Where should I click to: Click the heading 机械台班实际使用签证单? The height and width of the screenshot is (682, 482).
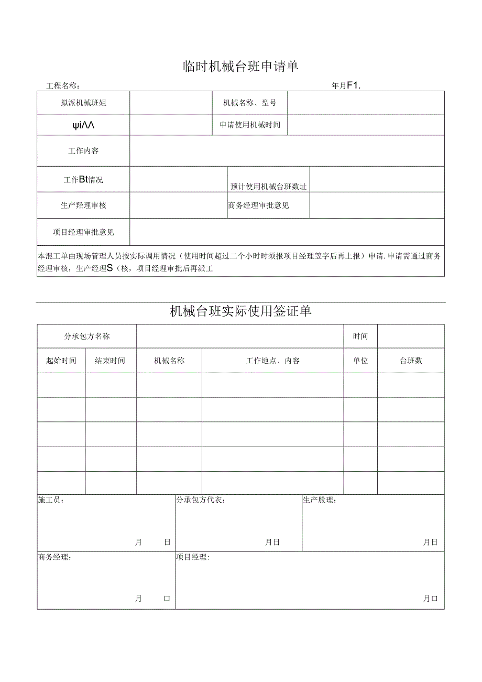(x=240, y=311)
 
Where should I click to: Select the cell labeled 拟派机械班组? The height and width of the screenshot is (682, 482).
(x=83, y=103)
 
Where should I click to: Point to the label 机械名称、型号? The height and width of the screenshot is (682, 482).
(x=250, y=103)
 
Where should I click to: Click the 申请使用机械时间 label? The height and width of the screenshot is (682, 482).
(x=250, y=125)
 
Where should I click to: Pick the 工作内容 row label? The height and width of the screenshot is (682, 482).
(x=83, y=151)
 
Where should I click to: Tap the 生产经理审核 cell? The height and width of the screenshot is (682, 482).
(x=83, y=205)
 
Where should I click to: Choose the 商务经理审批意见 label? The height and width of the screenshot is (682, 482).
(x=258, y=205)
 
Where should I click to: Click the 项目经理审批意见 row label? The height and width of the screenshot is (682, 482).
(x=83, y=232)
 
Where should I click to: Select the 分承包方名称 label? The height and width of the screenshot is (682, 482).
(x=87, y=337)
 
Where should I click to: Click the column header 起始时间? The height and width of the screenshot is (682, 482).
(x=61, y=361)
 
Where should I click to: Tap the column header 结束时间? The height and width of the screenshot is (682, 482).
(x=110, y=361)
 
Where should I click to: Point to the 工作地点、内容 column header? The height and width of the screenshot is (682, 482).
(x=273, y=361)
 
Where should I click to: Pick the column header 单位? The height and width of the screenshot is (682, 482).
(x=360, y=361)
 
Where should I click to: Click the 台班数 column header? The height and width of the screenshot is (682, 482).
(x=411, y=361)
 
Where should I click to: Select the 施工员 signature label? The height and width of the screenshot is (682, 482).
(x=51, y=501)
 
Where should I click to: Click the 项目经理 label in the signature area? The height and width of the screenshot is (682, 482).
(x=193, y=557)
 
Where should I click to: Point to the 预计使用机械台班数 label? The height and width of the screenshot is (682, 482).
(x=269, y=187)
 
